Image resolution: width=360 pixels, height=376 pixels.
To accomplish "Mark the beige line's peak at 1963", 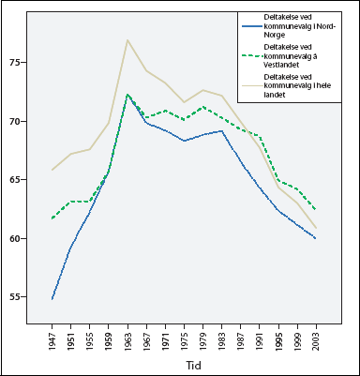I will click(x=127, y=40).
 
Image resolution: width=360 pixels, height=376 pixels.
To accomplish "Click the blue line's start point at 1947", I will click(x=52, y=299).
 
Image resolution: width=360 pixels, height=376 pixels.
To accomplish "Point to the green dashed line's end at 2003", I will click(x=314, y=209).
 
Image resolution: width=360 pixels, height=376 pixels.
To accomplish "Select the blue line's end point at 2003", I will click(x=314, y=238).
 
